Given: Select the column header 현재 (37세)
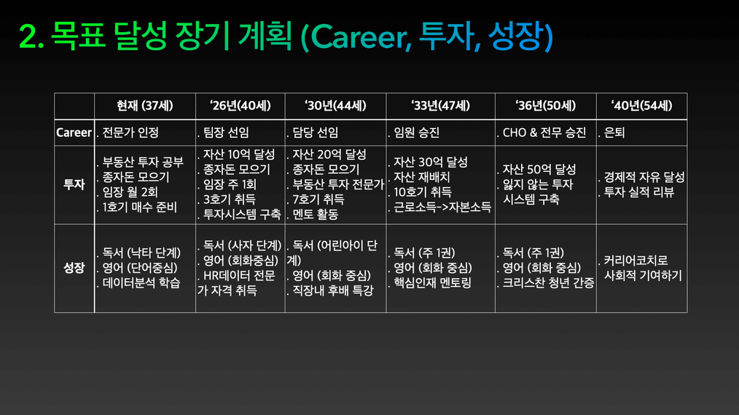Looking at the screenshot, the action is click(x=145, y=106).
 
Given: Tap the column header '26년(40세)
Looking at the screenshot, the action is click(x=241, y=106).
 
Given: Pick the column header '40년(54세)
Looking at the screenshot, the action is click(x=642, y=106).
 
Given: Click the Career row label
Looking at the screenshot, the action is click(x=74, y=133).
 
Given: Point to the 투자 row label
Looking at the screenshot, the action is click(x=74, y=184).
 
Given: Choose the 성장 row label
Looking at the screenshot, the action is click(x=74, y=267).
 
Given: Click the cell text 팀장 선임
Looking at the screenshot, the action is click(x=226, y=133).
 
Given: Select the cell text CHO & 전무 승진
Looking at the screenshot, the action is click(x=544, y=133).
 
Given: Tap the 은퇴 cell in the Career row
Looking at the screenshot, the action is click(x=614, y=133).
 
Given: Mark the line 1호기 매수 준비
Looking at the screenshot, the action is click(x=139, y=207).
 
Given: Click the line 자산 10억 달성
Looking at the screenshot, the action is click(x=239, y=154).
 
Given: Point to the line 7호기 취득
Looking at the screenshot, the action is click(x=318, y=199).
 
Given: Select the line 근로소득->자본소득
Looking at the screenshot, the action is click(x=442, y=207).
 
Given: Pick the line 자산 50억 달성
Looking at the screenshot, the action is click(x=539, y=169).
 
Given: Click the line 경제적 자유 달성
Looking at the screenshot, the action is click(x=644, y=177).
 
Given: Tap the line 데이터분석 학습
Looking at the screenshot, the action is click(x=141, y=282).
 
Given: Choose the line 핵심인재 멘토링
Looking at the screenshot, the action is click(x=433, y=282).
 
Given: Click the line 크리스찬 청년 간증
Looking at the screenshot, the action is click(x=548, y=282).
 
